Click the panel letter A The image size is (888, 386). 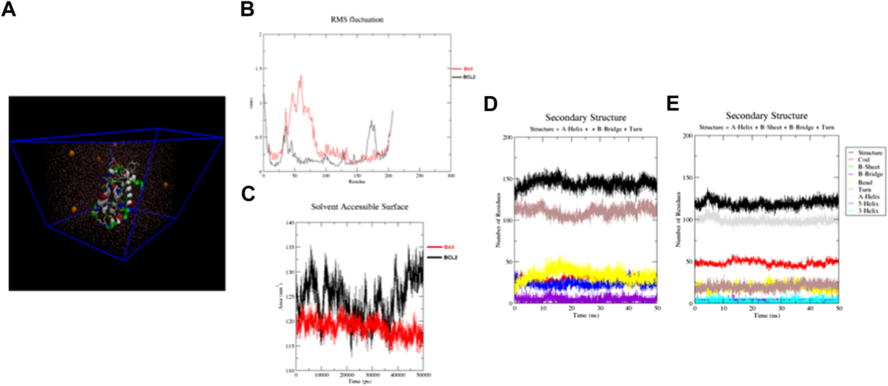[9, 9]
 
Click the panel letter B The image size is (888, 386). [247, 9]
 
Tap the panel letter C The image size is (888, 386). [248, 193]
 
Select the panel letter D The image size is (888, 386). [490, 103]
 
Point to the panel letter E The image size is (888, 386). [672, 103]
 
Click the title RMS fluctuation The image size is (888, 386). [356, 20]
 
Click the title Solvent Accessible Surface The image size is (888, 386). [359, 207]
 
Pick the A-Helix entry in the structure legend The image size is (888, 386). [868, 197]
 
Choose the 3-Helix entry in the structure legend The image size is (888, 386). [868, 211]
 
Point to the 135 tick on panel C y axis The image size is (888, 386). [290, 247]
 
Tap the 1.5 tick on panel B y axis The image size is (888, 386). [259, 69]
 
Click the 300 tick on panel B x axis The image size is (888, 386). [450, 176]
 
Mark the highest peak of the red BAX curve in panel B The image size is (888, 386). [301, 76]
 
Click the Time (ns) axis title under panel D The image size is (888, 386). [586, 315]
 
